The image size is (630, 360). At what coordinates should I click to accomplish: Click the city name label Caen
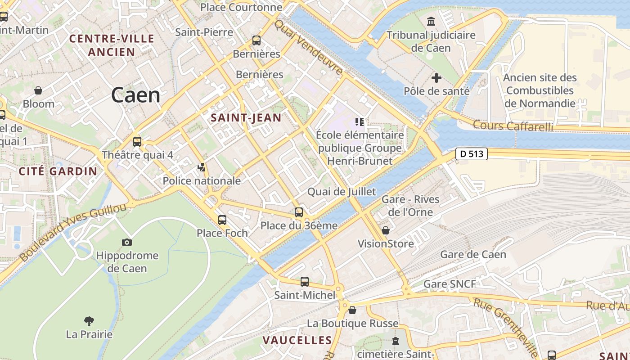click(x=135, y=95)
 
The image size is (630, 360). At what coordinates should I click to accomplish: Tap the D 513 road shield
click(x=472, y=154)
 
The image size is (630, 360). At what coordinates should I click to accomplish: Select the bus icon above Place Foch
click(x=222, y=220)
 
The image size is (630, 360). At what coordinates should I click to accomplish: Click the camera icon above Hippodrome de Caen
click(x=127, y=242)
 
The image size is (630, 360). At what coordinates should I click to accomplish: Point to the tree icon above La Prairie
click(x=89, y=321)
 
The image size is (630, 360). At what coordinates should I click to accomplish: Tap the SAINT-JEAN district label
click(x=246, y=118)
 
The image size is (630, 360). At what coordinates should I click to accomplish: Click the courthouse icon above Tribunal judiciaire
click(x=431, y=21)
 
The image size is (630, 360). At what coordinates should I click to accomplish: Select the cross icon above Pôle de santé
click(x=436, y=78)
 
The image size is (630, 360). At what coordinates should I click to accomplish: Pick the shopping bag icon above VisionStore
click(x=386, y=231)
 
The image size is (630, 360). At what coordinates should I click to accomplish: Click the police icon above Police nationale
click(x=202, y=168)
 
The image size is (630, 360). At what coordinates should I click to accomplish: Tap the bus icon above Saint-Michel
click(x=305, y=282)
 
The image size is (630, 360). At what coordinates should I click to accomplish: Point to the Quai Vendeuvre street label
click(x=309, y=47)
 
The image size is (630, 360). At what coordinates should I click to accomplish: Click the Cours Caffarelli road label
click(x=513, y=126)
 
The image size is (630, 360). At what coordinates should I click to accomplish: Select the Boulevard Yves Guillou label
click(x=73, y=233)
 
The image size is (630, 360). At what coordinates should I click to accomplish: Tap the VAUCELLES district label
click(x=297, y=340)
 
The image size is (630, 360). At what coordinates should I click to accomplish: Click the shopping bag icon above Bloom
click(x=38, y=90)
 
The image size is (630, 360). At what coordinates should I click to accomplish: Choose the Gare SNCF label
click(x=449, y=284)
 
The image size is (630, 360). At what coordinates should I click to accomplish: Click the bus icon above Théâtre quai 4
click(x=137, y=141)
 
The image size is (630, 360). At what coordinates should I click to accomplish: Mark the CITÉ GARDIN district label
click(x=58, y=171)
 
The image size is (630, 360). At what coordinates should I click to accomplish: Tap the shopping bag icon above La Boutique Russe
click(x=352, y=310)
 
